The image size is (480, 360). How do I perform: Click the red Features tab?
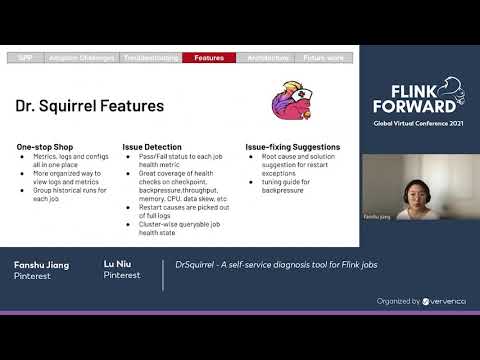(209, 59)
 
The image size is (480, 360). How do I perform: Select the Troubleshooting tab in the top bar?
(150, 59)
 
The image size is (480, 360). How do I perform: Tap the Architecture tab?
(268, 59)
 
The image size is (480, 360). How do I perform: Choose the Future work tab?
(324, 59)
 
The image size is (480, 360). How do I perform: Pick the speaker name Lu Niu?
(116, 264)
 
